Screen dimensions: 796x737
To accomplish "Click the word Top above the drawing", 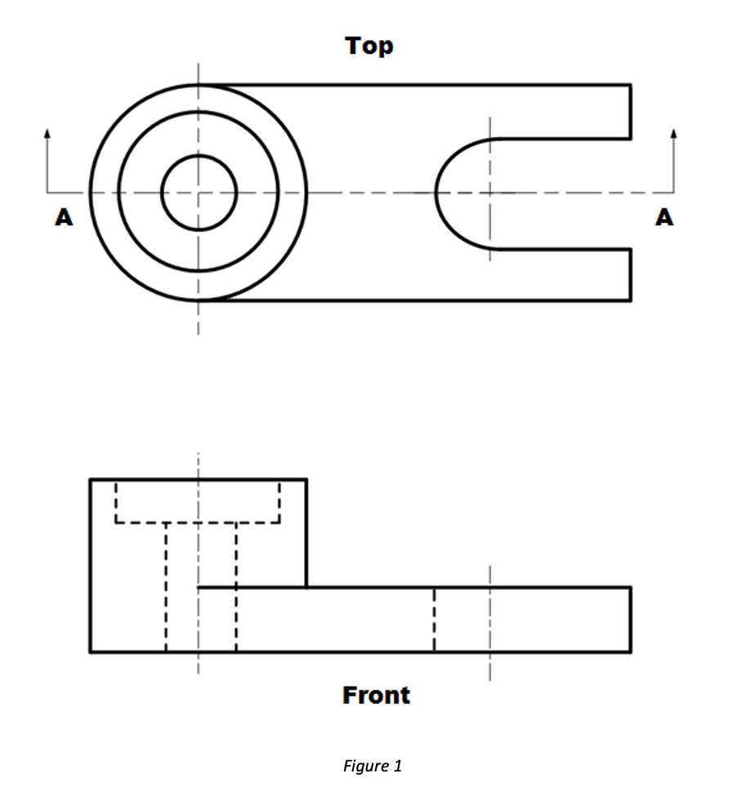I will tap(369, 47).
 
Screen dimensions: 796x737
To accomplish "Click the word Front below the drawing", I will tap(376, 695).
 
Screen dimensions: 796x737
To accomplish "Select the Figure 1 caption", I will tap(372, 767).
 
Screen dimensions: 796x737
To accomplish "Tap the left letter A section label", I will tap(64, 217).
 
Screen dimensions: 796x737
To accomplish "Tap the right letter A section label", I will tap(665, 217).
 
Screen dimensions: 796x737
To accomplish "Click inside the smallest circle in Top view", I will tap(199, 193).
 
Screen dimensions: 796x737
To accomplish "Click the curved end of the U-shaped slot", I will tap(437, 193).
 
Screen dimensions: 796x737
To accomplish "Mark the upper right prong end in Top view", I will tap(630, 111).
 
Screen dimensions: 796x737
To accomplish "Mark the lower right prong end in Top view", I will tap(630, 275).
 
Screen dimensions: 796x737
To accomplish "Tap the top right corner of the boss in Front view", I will tap(306, 480).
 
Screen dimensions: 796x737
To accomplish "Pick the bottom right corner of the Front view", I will tap(630, 651).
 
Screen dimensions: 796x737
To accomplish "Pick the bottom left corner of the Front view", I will tap(91, 651).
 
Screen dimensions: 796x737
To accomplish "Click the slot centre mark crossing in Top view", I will tap(490, 193).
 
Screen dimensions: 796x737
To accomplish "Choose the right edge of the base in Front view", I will tap(630, 619).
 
